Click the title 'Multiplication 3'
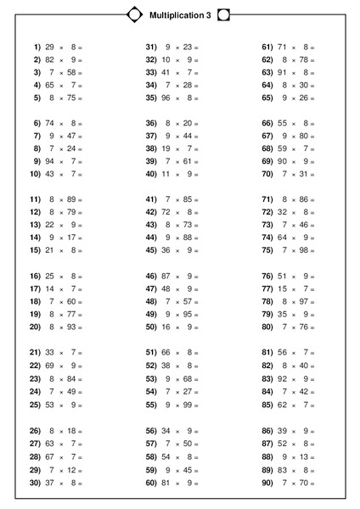click(179, 14)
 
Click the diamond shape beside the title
click(134, 14)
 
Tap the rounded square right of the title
click(223, 14)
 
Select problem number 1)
click(37, 48)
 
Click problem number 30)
click(36, 483)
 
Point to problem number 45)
click(151, 250)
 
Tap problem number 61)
click(267, 48)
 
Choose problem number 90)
click(267, 483)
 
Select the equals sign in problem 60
click(196, 483)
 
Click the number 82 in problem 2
click(50, 60)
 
